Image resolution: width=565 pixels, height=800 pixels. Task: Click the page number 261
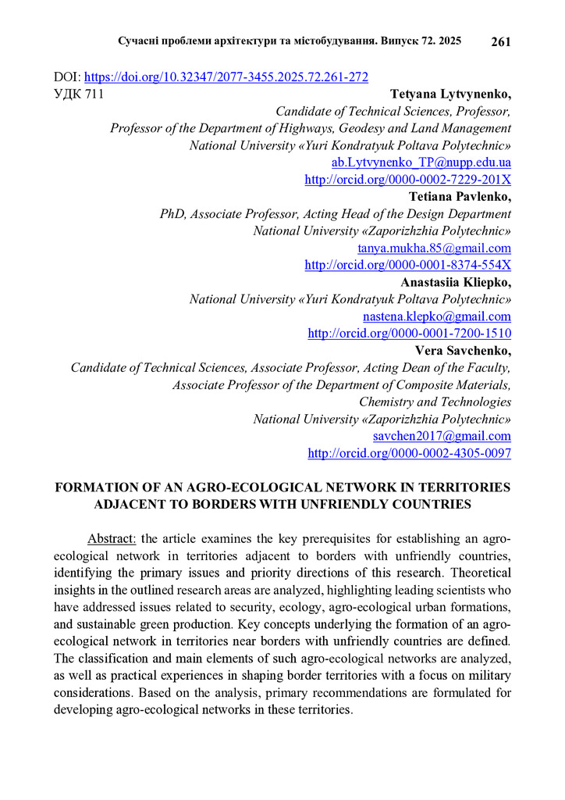tap(500, 41)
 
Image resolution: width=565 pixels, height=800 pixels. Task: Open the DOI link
tap(226, 77)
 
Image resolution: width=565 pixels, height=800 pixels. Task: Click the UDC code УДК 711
tap(78, 94)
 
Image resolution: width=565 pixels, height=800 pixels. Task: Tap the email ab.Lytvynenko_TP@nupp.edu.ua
tap(421, 162)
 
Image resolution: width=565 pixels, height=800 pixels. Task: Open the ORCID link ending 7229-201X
tap(407, 180)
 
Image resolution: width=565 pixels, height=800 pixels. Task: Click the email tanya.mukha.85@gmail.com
tap(434, 248)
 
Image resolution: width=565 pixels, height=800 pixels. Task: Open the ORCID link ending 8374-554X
tap(407, 266)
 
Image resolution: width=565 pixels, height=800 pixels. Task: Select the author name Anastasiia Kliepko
tap(456, 283)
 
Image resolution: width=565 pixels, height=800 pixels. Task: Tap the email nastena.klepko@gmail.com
tap(436, 316)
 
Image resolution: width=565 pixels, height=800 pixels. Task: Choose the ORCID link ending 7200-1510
tap(410, 334)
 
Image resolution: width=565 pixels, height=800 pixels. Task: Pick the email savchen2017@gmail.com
tap(442, 436)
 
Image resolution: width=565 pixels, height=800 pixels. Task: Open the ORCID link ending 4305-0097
tap(410, 453)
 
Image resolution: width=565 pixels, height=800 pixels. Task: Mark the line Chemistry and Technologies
tap(435, 402)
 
